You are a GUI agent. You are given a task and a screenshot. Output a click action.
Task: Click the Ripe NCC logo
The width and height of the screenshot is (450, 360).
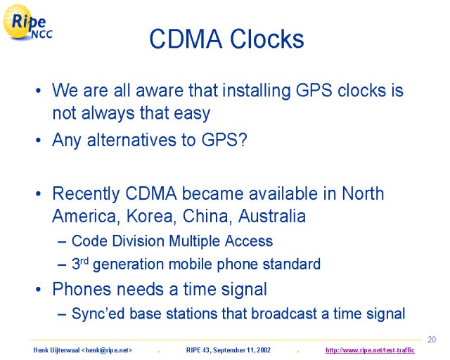click(27, 22)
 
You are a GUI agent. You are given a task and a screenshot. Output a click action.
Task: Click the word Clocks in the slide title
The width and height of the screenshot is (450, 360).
click(267, 39)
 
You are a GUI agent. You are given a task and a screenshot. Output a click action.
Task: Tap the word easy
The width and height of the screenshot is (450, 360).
click(192, 114)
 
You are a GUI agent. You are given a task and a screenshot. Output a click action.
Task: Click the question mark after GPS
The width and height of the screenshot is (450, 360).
click(243, 140)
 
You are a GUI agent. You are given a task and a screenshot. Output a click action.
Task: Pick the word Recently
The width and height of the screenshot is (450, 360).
click(86, 194)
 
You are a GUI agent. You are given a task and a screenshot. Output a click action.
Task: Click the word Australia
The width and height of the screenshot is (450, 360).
click(272, 216)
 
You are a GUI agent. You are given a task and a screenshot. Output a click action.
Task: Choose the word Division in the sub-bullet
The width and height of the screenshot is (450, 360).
click(138, 241)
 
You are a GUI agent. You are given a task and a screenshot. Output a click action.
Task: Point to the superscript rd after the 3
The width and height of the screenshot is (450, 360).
click(84, 261)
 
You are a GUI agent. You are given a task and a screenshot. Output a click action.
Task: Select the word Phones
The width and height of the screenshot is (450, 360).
click(82, 289)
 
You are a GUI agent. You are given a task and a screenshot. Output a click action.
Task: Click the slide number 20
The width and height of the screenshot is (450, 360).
click(432, 340)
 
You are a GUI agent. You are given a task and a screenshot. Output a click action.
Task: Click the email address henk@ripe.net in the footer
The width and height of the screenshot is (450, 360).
click(106, 350)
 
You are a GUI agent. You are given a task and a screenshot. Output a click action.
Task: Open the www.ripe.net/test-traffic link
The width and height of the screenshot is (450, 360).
click(370, 350)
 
